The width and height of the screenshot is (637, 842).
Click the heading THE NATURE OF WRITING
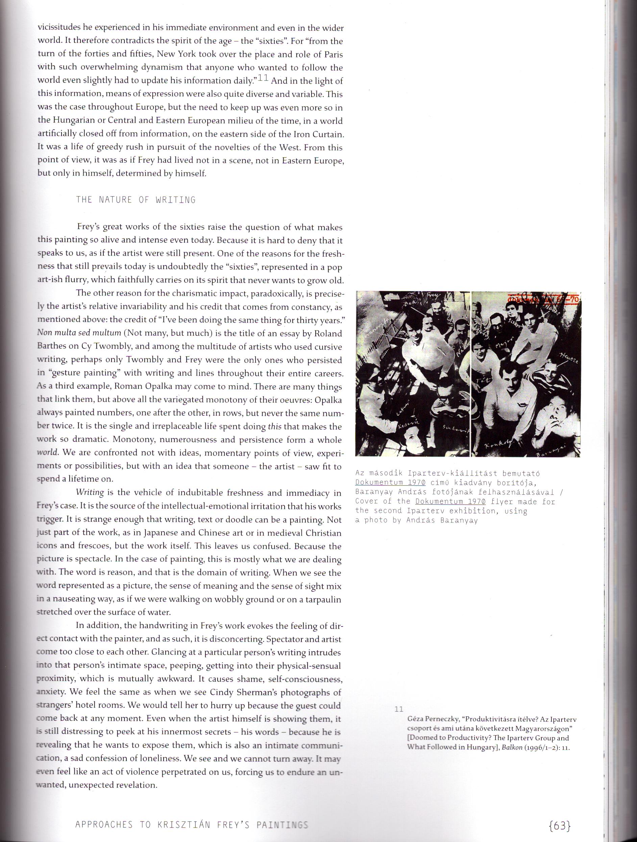pos(136,200)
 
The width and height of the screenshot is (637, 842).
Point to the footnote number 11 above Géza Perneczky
pos(399,709)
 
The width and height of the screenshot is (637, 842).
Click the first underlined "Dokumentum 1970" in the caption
pos(390,482)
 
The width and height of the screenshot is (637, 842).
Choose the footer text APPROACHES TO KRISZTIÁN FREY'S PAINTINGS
pos(192,824)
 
